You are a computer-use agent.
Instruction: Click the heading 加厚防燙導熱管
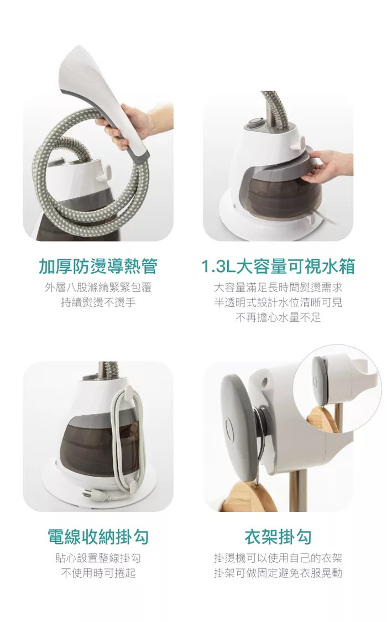tap(98, 266)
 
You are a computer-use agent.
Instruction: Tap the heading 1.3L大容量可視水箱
tap(278, 266)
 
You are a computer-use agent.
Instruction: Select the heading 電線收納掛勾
tap(98, 537)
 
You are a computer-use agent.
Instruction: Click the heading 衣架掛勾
tap(278, 537)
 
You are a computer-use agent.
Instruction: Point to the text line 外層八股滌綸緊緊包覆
tap(98, 288)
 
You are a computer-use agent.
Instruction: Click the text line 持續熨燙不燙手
tap(98, 302)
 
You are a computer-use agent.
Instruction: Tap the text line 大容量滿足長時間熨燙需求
tap(278, 288)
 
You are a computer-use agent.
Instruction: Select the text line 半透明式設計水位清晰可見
tap(278, 302)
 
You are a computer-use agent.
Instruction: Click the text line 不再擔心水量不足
tap(278, 318)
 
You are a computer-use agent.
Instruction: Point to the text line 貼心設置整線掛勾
tap(98, 558)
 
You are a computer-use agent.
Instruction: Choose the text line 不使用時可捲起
tap(98, 573)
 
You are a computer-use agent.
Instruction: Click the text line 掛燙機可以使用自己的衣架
tap(278, 558)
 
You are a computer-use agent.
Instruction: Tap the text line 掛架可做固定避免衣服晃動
tap(278, 573)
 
